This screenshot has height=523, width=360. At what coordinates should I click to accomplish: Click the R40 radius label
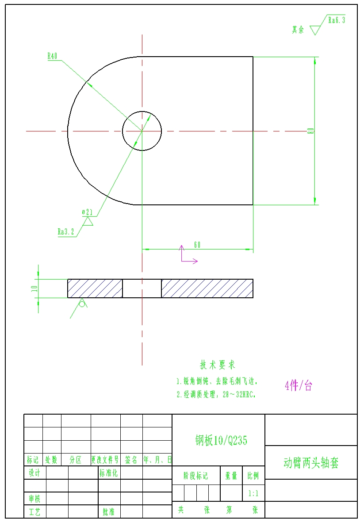click(52, 56)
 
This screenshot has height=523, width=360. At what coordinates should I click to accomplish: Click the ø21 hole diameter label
click(87, 212)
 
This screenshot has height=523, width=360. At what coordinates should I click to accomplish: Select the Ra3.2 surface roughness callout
click(66, 231)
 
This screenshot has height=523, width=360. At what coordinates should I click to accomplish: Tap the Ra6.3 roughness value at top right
click(336, 20)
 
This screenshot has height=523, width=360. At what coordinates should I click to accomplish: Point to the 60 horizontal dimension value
click(197, 245)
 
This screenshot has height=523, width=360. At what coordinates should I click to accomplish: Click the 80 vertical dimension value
click(311, 131)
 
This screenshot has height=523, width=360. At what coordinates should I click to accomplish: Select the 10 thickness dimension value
click(34, 288)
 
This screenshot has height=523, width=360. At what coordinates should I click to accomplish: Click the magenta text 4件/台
click(299, 386)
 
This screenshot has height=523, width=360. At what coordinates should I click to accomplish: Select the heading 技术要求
click(218, 365)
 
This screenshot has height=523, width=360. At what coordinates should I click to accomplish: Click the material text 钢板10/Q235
click(221, 440)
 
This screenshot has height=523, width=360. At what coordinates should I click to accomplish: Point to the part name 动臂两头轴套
click(311, 463)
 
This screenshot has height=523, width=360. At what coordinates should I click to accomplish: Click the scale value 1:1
click(253, 492)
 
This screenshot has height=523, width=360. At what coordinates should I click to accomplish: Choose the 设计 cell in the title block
click(34, 473)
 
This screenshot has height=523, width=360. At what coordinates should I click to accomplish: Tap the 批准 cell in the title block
click(108, 512)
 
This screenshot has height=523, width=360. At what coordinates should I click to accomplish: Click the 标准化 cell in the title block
click(108, 473)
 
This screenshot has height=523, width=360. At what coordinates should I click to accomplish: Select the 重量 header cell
click(231, 476)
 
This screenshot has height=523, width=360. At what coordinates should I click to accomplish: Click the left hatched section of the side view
click(95, 288)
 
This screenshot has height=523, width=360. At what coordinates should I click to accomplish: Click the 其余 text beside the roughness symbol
click(298, 30)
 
